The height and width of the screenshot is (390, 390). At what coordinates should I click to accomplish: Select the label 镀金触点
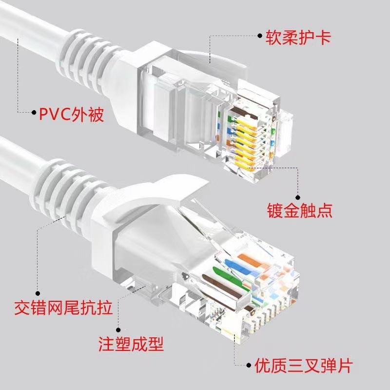(299, 210)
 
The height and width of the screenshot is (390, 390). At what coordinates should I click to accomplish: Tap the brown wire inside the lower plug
(217, 285)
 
